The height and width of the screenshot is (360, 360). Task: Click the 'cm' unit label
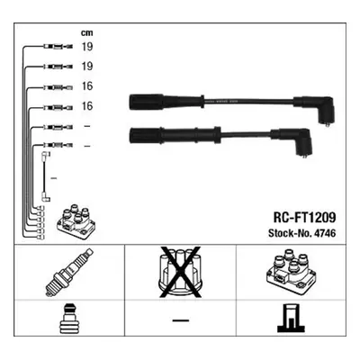coord(87,33)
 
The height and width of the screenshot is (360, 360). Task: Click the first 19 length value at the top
coord(87,47)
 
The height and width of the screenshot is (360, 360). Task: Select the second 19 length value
coord(87,67)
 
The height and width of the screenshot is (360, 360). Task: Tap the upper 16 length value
coord(87,86)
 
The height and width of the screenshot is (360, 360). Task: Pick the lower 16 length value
coord(87,106)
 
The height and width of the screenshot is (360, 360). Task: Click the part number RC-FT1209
coord(304,218)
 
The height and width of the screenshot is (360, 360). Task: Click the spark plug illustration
coord(69,272)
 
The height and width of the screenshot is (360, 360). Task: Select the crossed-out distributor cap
coord(180,273)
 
